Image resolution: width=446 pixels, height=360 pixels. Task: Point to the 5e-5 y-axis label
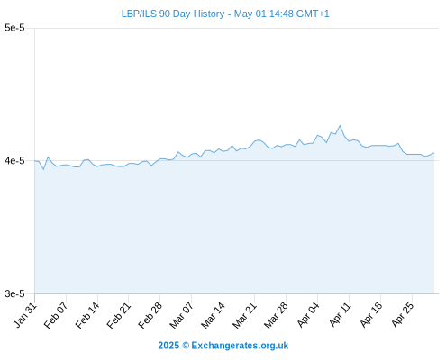(14, 28)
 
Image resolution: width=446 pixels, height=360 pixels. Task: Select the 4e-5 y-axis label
(14, 161)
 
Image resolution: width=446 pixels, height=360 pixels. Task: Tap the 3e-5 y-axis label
(14, 293)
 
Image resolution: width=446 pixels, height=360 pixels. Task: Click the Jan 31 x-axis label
(25, 315)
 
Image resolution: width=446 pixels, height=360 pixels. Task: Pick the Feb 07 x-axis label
(56, 315)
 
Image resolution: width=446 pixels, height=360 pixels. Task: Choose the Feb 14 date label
(87, 315)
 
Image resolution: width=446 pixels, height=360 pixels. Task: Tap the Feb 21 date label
(119, 315)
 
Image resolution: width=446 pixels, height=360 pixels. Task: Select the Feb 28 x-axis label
(150, 315)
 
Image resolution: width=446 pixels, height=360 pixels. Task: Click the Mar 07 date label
(182, 315)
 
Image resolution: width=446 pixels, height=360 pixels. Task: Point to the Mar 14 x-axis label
(214, 315)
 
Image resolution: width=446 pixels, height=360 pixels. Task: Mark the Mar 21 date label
(245, 315)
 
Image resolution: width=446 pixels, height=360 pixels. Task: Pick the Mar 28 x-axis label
(277, 315)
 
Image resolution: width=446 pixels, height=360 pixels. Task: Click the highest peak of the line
(340, 126)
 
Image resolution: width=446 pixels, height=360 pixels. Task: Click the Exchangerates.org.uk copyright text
(223, 346)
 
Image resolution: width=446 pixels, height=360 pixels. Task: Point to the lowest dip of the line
(43, 169)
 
